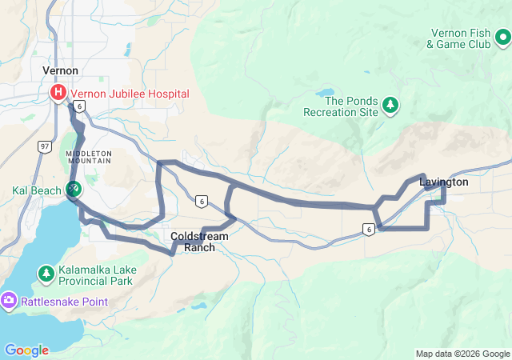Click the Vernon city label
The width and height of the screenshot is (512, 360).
(x=60, y=71)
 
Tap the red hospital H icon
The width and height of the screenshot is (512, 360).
(x=58, y=94)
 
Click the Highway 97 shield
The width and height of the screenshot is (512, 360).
(x=45, y=146)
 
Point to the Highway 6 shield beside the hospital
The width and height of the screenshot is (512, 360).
(x=78, y=106)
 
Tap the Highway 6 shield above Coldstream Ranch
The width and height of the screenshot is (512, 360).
(x=201, y=201)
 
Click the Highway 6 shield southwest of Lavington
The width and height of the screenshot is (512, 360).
(x=368, y=230)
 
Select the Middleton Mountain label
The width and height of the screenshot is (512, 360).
(x=90, y=157)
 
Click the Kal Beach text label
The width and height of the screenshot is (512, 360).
(x=35, y=190)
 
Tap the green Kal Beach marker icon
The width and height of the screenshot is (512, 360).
(x=73, y=190)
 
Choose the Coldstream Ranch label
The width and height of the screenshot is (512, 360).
(x=199, y=242)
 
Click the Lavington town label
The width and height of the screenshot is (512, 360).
(x=443, y=182)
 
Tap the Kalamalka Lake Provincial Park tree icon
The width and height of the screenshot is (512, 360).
(x=46, y=274)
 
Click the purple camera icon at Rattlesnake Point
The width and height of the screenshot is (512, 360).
(x=9, y=301)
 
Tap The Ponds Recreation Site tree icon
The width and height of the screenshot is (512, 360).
(x=390, y=104)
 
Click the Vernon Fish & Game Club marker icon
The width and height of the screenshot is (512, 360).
(x=502, y=38)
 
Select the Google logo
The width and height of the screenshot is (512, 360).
(x=26, y=350)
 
